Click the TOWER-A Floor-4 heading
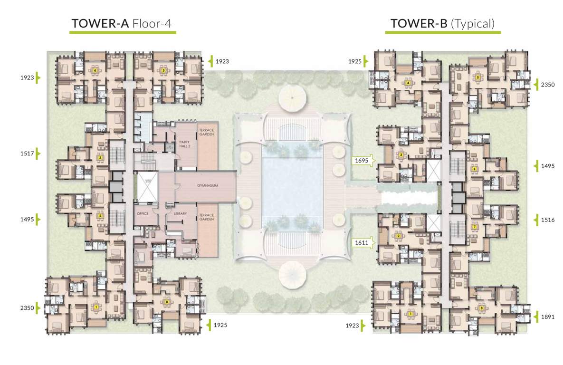(123, 23)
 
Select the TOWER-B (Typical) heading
(442, 23)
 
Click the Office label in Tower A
(143, 214)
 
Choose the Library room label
(180, 214)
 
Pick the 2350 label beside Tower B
(547, 85)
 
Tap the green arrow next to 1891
(535, 316)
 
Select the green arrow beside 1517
(39, 154)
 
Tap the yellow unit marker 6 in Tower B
(474, 169)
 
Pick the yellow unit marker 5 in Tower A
(163, 70)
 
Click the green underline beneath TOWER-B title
(442, 33)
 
